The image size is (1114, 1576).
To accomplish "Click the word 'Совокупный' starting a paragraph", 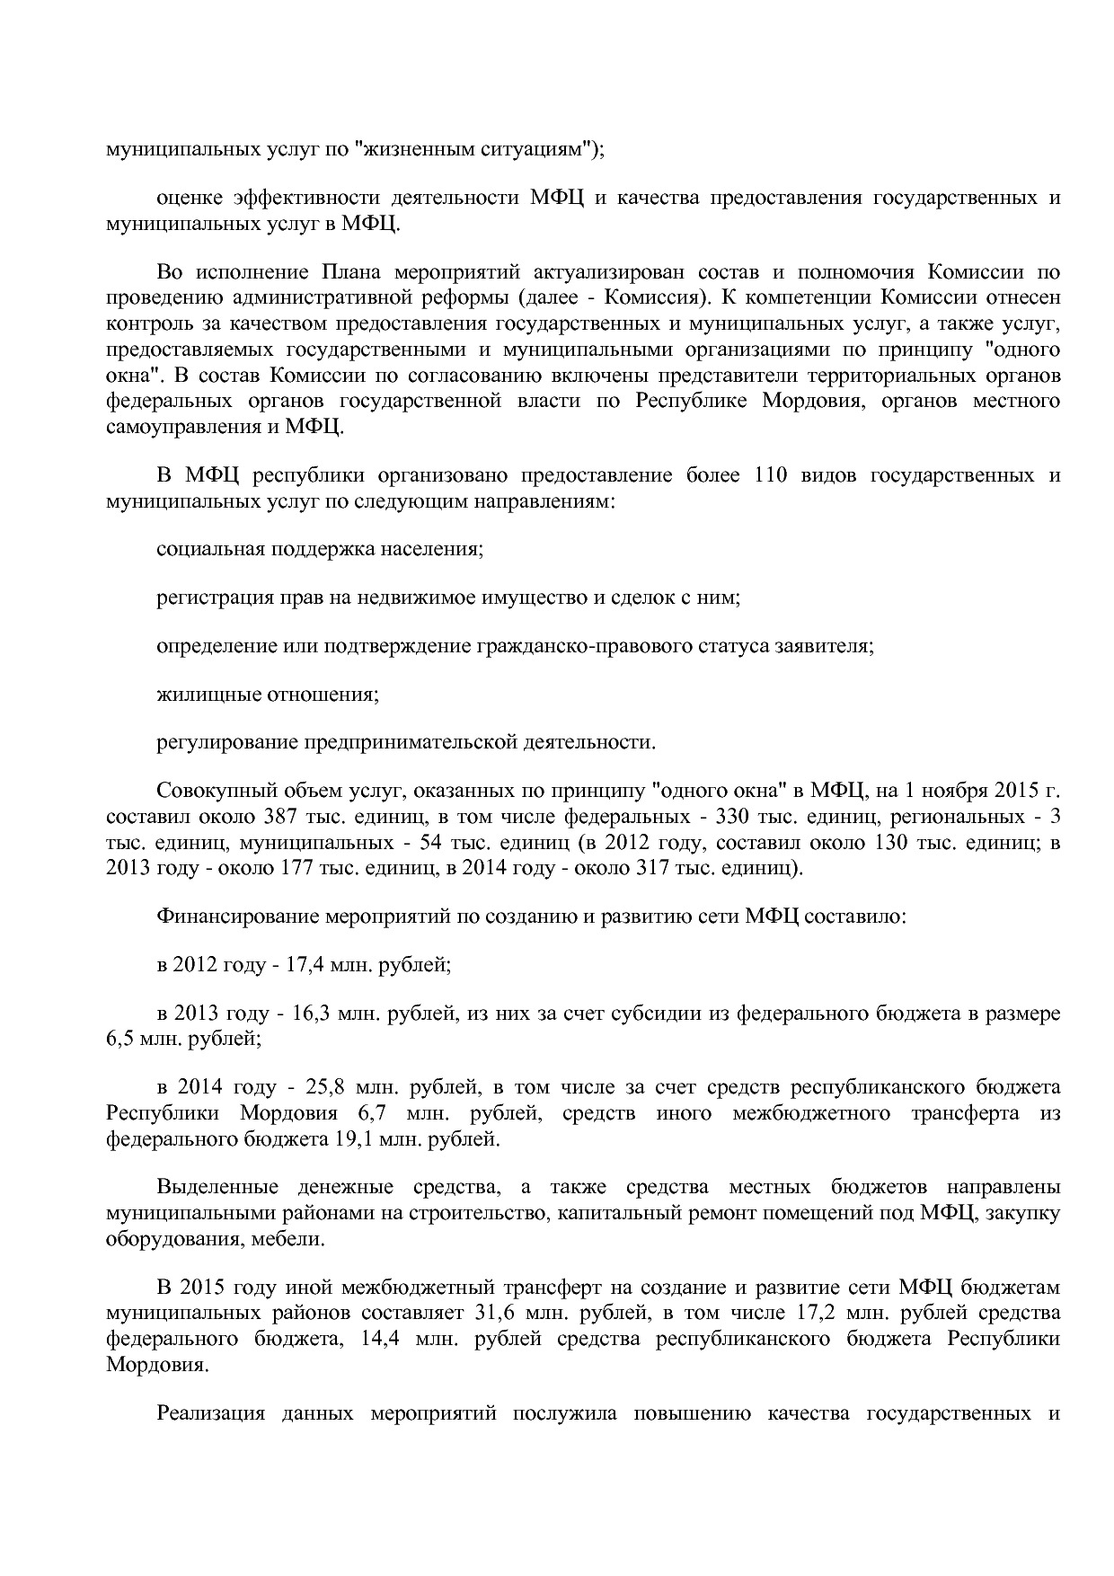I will tap(210, 792).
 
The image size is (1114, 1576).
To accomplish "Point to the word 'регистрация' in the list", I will tap(205, 598).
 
